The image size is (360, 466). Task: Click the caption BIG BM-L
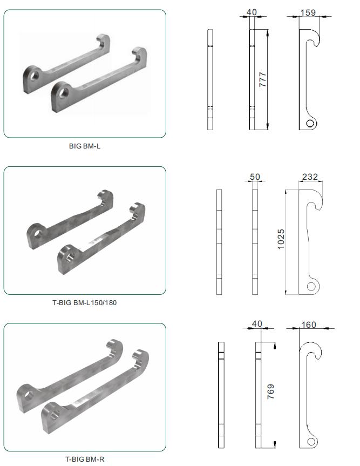85,146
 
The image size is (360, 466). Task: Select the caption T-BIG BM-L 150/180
85,303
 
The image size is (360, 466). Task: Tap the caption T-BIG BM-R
85,459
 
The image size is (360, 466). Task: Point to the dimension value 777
262,80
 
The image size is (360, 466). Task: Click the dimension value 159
308,13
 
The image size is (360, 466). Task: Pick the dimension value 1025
281,239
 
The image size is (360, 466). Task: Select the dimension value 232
310,177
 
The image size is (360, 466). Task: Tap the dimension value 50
255,177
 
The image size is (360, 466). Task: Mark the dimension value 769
270,391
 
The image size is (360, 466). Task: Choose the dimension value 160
309,325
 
